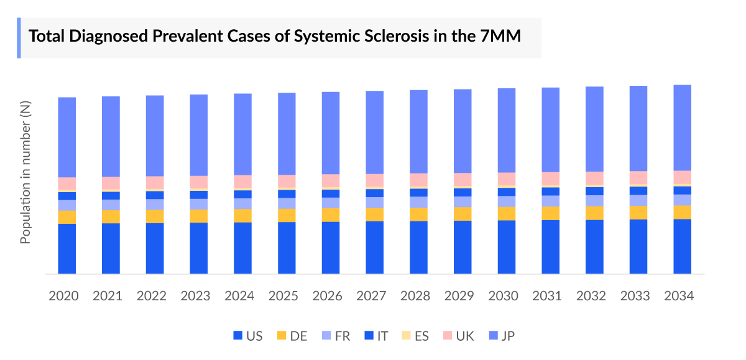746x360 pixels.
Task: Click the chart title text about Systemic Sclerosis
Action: click(x=275, y=37)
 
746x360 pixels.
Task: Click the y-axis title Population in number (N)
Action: click(x=25, y=171)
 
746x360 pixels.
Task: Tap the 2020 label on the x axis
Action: click(x=64, y=296)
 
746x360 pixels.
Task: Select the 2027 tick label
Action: click(x=371, y=296)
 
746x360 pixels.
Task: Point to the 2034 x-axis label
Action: click(x=679, y=296)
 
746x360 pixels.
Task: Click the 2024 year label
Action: click(x=239, y=296)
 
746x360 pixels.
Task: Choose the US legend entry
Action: click(x=247, y=336)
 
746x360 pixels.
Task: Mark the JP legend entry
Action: click(x=500, y=336)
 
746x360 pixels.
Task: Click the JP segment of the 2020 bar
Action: click(x=67, y=137)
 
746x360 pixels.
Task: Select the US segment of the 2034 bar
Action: click(x=683, y=246)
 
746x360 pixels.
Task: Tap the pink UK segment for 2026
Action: click(x=331, y=180)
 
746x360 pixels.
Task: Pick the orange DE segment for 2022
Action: click(x=155, y=216)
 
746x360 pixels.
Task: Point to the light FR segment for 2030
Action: click(x=507, y=201)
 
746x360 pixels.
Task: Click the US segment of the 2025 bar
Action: click(x=287, y=247)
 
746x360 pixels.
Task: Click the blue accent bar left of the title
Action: click(x=19, y=38)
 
